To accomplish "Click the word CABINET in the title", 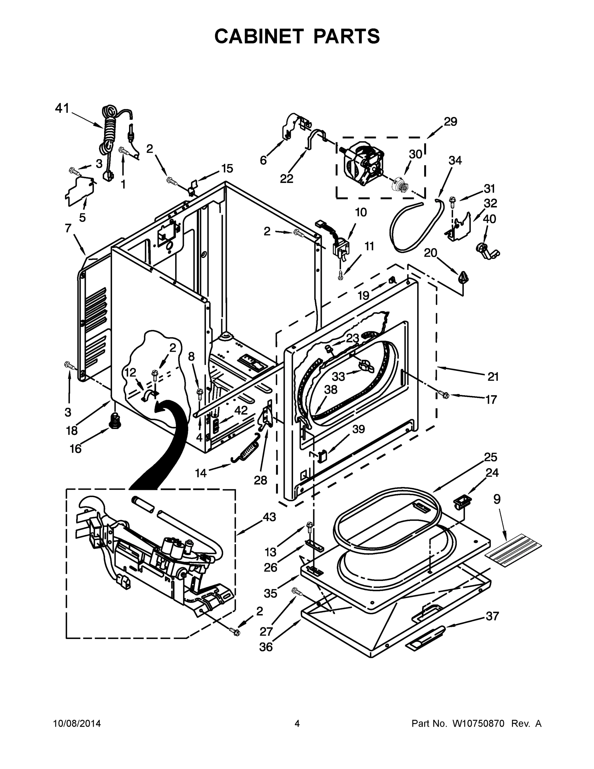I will click(259, 36).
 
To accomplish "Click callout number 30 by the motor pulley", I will click(415, 154).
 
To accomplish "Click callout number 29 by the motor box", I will click(450, 121).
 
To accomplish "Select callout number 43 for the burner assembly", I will click(269, 517).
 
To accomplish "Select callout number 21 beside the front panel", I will click(493, 377).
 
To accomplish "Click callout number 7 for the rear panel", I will click(68, 228).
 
